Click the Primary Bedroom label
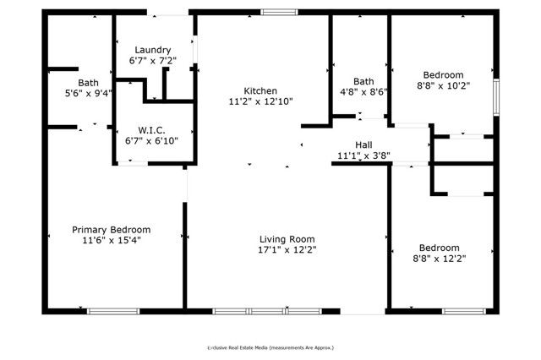pos(111,230)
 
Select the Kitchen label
pos(260,91)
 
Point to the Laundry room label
pos(152,50)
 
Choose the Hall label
pos(363,145)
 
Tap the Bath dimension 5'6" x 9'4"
pos(88,94)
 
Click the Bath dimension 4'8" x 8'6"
pos(363,92)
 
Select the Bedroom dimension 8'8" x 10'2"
pos(443,85)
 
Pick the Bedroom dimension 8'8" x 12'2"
pos(440,259)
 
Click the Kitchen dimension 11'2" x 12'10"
pos(260,102)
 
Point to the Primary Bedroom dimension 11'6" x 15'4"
pos(111,241)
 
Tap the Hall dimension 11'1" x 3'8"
pos(363,156)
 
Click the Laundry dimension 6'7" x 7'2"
pos(152,61)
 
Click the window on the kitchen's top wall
pos(278,12)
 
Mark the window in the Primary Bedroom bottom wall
pos(113,311)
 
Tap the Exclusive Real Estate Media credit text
pos(270,347)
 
